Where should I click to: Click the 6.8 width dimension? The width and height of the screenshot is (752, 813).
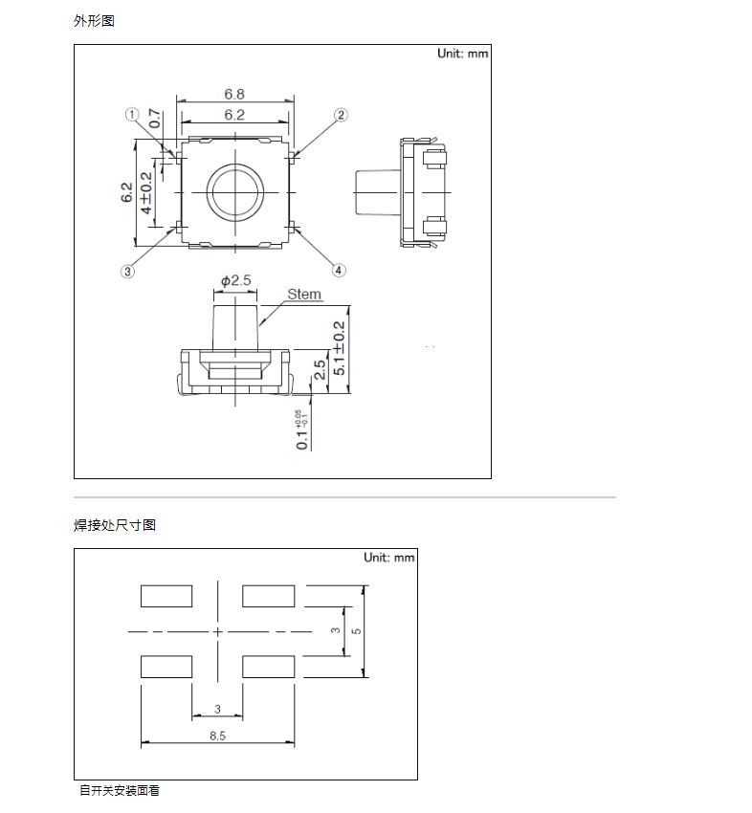pos(234,94)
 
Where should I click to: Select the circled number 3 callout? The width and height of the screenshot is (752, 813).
pos(127,271)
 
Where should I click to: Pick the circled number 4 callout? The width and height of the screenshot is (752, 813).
pos(339,270)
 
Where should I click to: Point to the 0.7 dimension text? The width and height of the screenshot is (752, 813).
pos(155,120)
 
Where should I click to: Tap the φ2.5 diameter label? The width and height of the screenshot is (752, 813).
pos(235,280)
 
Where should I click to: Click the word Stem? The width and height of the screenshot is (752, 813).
pos(304,295)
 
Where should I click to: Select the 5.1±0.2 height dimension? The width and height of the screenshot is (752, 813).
pos(339,351)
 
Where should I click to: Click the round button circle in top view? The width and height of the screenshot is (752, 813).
pos(234,191)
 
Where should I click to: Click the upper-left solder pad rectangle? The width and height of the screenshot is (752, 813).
pos(166,596)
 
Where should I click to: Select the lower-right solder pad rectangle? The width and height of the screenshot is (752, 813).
pos(269,667)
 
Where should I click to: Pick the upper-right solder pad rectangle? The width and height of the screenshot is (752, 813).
pos(269,596)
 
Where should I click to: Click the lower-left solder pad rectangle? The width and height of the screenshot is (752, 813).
pos(166,667)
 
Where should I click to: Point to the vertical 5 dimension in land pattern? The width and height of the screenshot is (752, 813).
pos(355,631)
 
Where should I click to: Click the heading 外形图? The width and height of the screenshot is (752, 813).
pos(94,20)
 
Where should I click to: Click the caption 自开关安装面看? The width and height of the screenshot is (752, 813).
pos(120,791)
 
